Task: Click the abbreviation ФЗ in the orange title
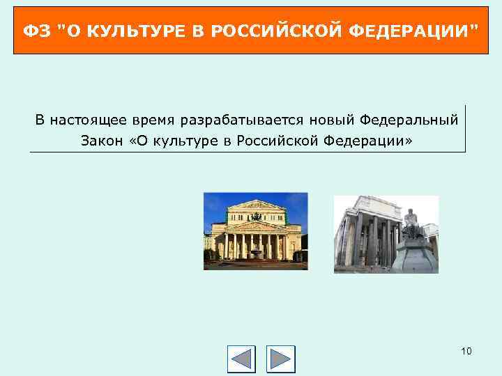point(34,30)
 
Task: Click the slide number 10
point(466,351)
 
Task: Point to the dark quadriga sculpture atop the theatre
point(256,205)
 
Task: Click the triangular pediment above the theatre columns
point(256,225)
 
